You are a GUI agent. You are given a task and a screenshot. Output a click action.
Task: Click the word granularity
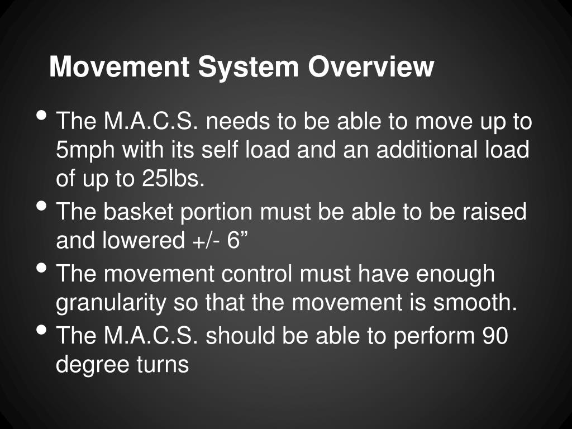tap(111, 303)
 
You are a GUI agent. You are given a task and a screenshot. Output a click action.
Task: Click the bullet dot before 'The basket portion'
tap(42, 206)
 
